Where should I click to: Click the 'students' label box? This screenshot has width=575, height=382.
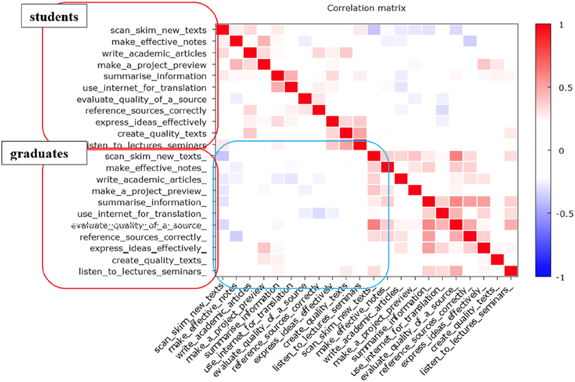coord(54,17)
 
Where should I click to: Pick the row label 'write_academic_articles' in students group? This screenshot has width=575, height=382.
coord(160,53)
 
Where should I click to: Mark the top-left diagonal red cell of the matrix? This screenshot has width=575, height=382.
coord(223,30)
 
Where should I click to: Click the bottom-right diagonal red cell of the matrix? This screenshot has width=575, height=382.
coord(510,271)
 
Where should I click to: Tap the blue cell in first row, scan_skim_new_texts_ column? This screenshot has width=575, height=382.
coord(374,30)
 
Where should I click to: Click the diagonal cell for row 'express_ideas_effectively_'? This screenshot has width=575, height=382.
coord(483,248)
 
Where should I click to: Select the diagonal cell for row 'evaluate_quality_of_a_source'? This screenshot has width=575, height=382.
coord(305,99)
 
